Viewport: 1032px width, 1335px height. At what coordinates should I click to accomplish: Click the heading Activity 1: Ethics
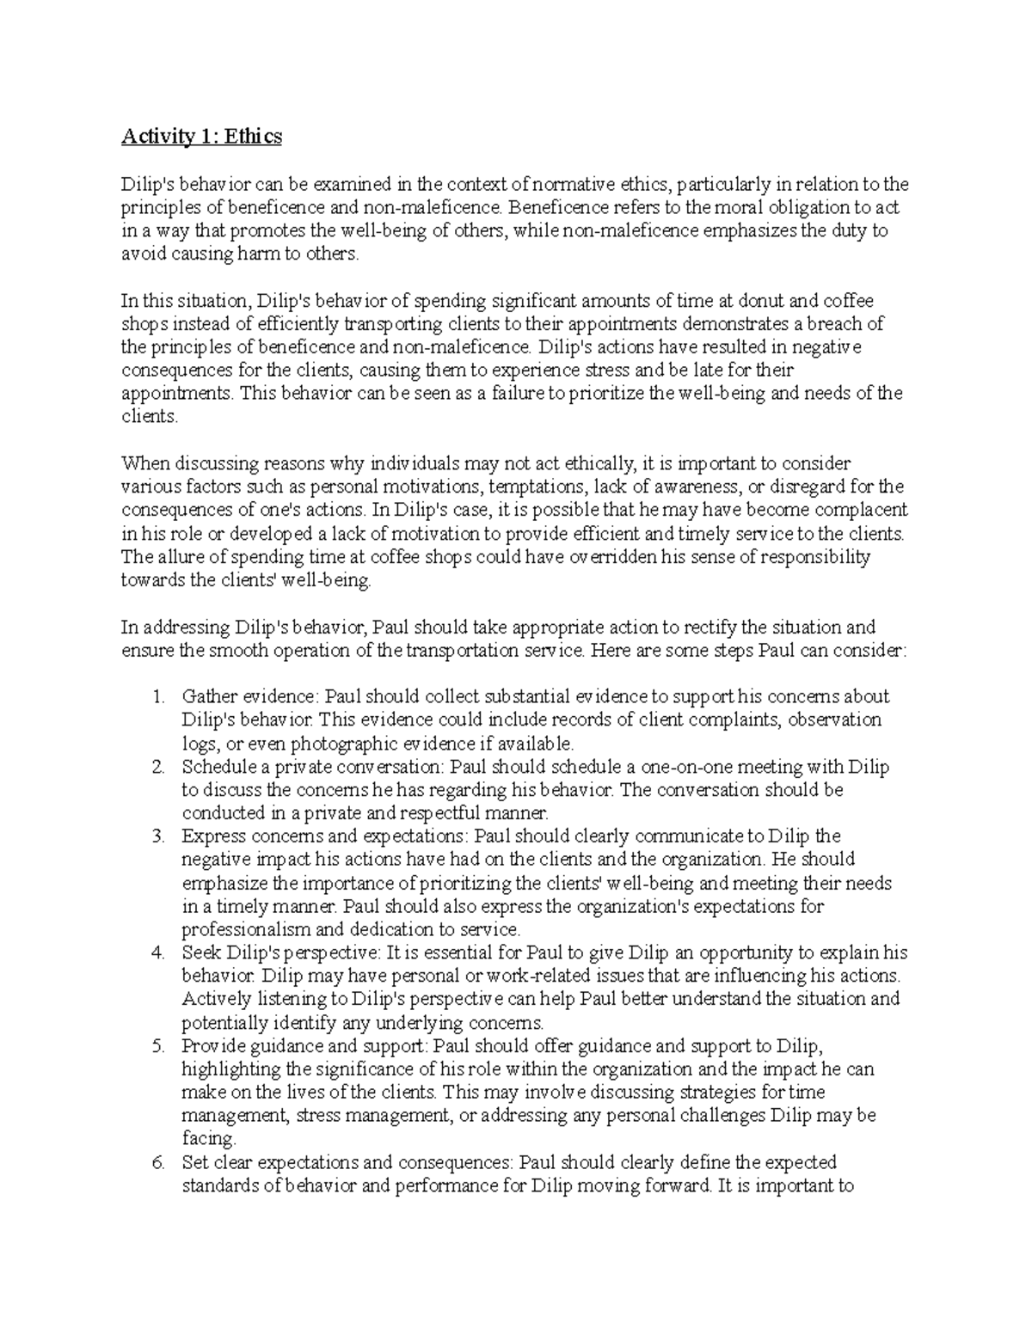[x=201, y=136]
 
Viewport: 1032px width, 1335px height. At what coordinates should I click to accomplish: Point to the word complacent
[x=854, y=510]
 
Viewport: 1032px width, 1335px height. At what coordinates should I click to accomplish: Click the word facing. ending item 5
[x=208, y=1139]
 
